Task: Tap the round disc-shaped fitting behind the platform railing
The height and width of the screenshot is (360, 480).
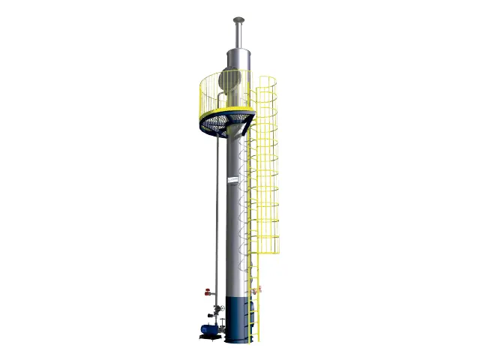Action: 231,78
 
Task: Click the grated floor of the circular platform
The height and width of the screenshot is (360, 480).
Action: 225,119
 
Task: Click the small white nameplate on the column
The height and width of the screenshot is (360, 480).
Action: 233,180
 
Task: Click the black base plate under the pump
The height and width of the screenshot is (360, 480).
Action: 210,337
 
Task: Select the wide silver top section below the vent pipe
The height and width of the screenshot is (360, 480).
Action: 238,60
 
